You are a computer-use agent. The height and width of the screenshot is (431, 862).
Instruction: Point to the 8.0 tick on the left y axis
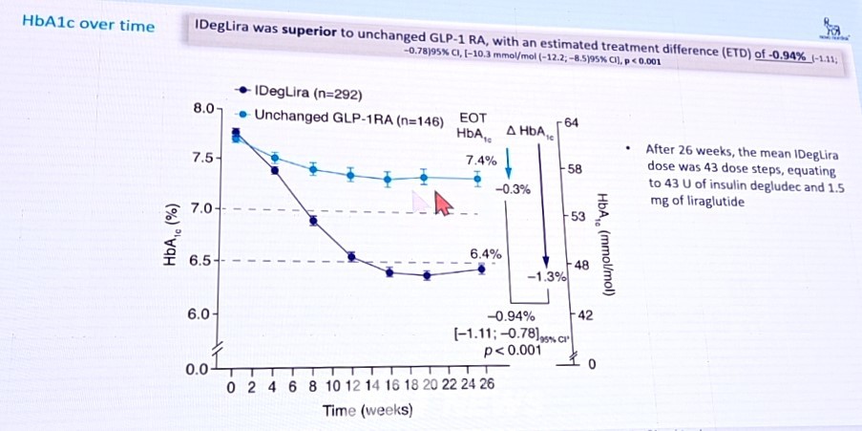point(207,109)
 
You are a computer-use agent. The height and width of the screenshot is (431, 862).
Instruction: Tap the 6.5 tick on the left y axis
point(207,260)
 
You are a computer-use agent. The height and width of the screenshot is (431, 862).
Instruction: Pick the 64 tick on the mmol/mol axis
point(573,122)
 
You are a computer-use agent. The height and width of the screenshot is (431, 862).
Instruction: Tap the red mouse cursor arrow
point(441,203)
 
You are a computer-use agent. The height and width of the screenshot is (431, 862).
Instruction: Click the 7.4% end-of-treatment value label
point(480,160)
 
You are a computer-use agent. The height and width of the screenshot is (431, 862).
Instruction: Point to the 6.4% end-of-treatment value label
point(485,254)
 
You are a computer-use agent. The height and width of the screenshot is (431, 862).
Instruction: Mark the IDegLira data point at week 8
point(313,221)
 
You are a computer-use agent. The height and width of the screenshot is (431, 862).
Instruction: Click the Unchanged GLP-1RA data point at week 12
point(351,175)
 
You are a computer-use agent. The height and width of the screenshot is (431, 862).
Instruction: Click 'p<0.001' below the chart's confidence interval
point(513,350)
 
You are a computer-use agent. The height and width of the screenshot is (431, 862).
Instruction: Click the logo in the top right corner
point(832,25)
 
